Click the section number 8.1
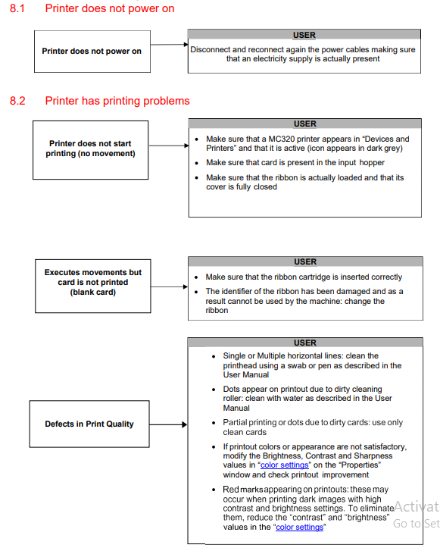coord(17,8)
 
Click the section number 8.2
coord(17,101)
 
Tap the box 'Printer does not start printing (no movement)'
coord(92,149)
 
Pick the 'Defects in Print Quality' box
coord(89,424)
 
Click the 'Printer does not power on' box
coord(92,51)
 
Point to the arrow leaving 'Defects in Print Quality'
coord(167,424)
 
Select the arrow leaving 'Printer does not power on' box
coord(168,45)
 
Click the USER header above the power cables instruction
coord(304,35)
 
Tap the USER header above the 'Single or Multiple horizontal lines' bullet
coord(305,343)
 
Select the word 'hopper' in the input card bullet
coord(371,163)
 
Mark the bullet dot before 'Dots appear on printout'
coord(214,390)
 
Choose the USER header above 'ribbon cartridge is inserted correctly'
coord(305,262)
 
